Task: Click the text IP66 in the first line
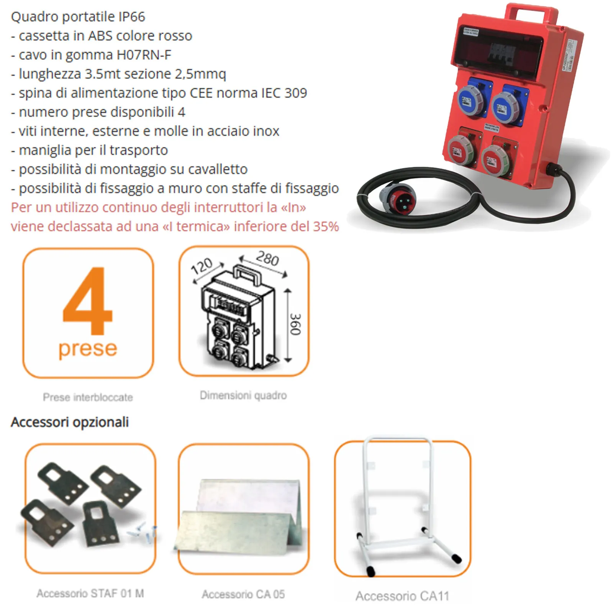point(132,17)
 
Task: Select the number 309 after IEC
point(296,93)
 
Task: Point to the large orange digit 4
point(88,301)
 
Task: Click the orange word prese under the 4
point(88,349)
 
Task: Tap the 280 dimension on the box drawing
point(267,259)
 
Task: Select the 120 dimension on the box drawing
point(202,266)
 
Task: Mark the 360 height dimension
point(295,324)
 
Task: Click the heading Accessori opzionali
point(70,422)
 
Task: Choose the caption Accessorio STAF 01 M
point(90,593)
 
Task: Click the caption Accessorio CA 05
point(243,594)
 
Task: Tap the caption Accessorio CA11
point(402,596)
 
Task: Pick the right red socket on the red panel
point(496,160)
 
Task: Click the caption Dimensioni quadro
point(243,395)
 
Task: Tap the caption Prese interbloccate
point(88,397)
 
